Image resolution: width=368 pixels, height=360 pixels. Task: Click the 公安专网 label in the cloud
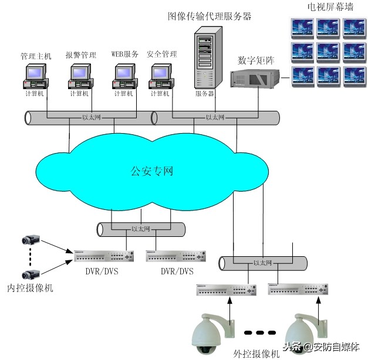pos(151,172)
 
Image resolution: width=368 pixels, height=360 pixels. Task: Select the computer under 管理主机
pos(36,76)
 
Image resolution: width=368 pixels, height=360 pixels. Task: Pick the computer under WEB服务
pos(124,76)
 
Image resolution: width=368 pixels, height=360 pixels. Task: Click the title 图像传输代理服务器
pos(210,16)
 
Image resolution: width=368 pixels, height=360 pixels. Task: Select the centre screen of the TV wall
pos(329,51)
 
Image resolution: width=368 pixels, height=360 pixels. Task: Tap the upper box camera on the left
pos(31,239)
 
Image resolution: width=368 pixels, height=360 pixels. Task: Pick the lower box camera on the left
pos(31,274)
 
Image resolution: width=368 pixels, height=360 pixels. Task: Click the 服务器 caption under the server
pos(205,93)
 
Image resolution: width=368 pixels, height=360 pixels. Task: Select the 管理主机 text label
pos(36,56)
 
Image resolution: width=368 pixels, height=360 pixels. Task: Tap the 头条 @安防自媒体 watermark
pos(321,346)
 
